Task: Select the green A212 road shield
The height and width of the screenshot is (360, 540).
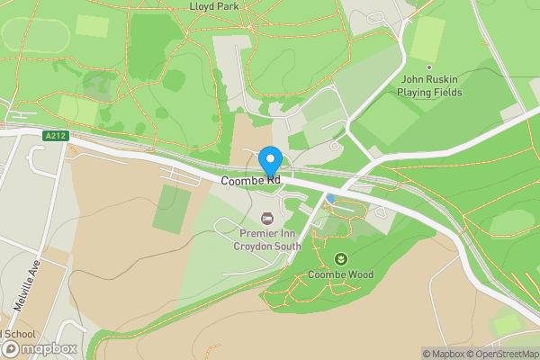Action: point(55,136)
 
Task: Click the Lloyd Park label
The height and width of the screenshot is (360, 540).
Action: point(213,5)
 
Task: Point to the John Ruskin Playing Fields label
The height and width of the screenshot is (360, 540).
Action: point(430,85)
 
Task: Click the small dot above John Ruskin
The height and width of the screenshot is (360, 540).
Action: point(429,67)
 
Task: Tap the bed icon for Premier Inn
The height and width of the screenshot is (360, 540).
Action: point(266,218)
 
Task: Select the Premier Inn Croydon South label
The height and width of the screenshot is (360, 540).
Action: point(266,239)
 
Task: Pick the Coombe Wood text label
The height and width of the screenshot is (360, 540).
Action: point(340,274)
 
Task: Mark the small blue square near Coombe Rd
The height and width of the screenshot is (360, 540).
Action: point(331,198)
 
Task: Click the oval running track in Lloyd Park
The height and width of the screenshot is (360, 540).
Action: point(36,35)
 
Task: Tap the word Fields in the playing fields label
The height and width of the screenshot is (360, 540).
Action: point(446,92)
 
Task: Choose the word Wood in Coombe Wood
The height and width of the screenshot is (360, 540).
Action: point(357,274)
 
